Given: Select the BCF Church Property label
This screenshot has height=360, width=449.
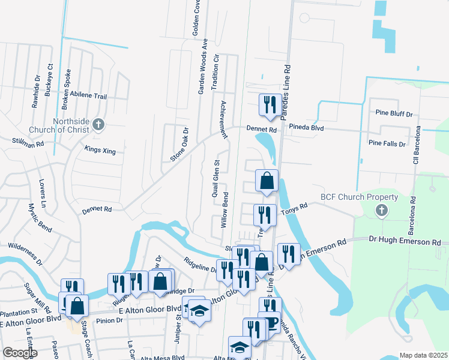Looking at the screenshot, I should pos(359,197).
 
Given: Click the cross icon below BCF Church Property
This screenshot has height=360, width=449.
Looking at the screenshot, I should pos(380,210).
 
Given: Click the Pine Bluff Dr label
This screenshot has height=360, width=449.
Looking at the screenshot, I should pos(394,113).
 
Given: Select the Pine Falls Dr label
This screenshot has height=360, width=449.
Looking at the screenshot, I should pos(391,143).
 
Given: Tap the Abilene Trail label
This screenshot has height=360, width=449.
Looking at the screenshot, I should pos(88,96).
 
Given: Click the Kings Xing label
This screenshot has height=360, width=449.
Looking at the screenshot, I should pos(100,150).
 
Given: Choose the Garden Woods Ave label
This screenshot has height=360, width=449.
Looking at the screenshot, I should pos(203,66).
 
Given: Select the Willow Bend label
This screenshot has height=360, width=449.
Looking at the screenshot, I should pos(225,207).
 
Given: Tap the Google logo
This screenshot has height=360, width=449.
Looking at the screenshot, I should pos(20,353).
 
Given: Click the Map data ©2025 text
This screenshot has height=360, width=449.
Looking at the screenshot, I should pos(423,355).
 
